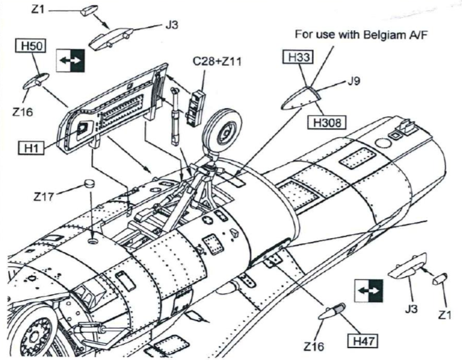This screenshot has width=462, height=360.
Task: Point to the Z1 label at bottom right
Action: (x=446, y=316)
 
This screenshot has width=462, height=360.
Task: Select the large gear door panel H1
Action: (x=113, y=107)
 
